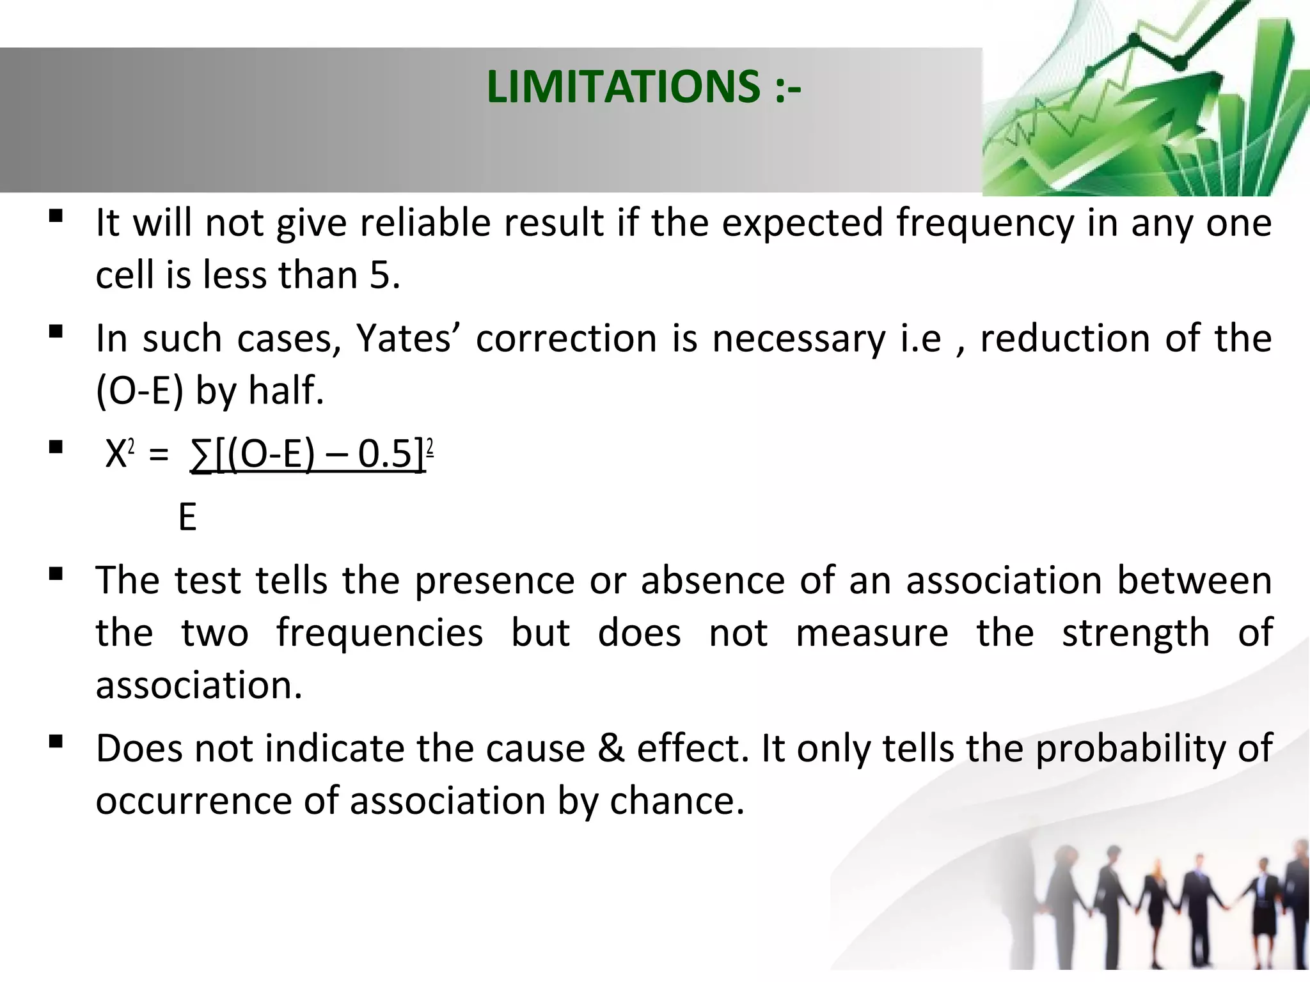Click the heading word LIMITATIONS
coord(622,87)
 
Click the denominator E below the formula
coord(187,517)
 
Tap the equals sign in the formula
coord(159,456)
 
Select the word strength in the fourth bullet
coord(1136,633)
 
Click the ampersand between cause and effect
coord(611,748)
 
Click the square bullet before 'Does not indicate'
coord(56,742)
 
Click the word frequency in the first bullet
coord(985,224)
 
